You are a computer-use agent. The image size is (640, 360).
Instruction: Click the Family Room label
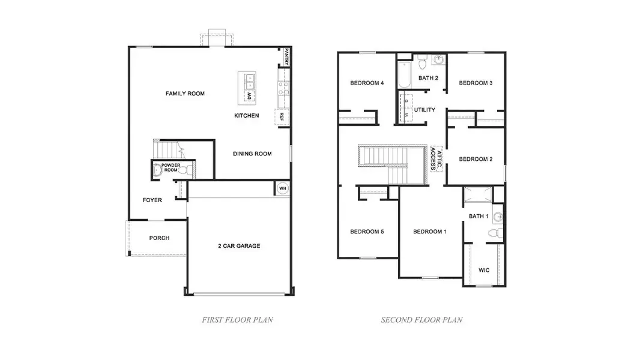(185, 94)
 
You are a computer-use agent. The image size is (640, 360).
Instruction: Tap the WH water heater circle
(282, 188)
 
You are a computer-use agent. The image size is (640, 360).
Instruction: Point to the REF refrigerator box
(280, 118)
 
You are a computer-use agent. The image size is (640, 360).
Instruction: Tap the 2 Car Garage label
(238, 246)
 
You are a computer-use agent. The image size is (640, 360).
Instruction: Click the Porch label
(159, 238)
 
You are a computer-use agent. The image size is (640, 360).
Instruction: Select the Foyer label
(152, 200)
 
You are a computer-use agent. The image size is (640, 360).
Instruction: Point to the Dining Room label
(252, 154)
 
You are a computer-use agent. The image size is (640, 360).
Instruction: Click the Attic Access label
(437, 158)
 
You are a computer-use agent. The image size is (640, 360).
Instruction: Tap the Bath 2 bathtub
(402, 74)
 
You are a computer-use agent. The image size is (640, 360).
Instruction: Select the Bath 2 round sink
(439, 60)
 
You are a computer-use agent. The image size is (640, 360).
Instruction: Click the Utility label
(424, 110)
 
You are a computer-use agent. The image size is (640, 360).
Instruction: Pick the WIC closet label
(484, 270)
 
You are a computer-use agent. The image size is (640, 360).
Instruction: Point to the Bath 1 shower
(478, 195)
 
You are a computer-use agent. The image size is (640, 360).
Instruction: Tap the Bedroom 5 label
(367, 232)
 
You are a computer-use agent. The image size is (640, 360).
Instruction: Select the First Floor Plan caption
(237, 320)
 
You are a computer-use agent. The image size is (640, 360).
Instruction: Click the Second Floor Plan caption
(421, 320)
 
